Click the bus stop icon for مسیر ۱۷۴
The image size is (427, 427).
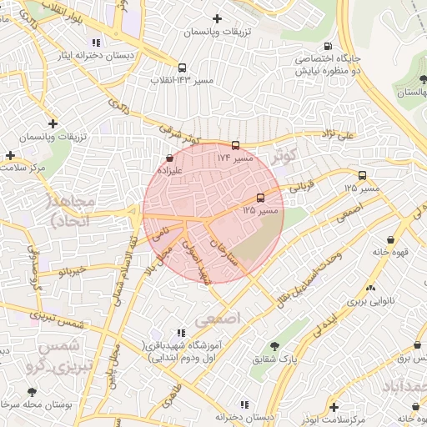click(x=235, y=145)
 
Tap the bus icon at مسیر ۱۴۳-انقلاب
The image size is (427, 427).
click(x=182, y=68)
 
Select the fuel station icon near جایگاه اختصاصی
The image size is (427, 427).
click(x=328, y=47)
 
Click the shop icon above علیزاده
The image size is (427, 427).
click(x=170, y=157)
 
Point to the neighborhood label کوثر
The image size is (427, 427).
click(x=284, y=156)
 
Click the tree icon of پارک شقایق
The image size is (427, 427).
click(x=273, y=346)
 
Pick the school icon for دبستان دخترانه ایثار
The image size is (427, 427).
click(x=97, y=43)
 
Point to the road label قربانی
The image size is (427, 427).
click(x=299, y=189)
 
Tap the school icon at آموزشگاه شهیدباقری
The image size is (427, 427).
click(x=181, y=333)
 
